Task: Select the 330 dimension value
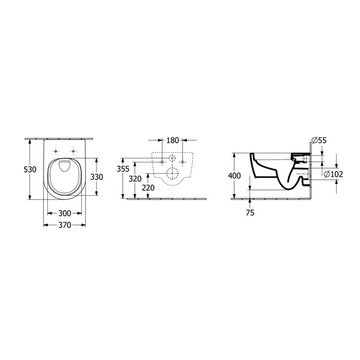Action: pos(97,177)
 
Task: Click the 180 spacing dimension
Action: pos(173,141)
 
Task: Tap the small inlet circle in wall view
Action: pos(173,158)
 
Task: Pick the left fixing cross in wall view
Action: pos(162,162)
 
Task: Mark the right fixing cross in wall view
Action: pos(183,162)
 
